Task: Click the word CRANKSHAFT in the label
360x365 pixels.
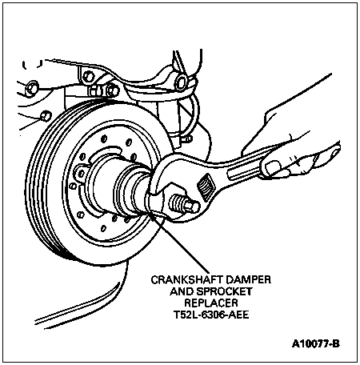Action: point(187,279)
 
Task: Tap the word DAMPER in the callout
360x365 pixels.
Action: point(249,279)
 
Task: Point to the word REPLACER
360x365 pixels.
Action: point(211,303)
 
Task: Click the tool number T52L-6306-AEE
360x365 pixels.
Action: point(211,315)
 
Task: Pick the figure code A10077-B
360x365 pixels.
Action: point(316,343)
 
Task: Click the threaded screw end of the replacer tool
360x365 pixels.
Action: point(185,203)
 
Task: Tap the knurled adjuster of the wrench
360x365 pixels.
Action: point(206,187)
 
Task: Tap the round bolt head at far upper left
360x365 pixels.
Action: point(31,87)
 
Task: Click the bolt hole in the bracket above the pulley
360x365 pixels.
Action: point(88,77)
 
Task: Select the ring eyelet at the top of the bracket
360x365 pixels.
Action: point(182,81)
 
